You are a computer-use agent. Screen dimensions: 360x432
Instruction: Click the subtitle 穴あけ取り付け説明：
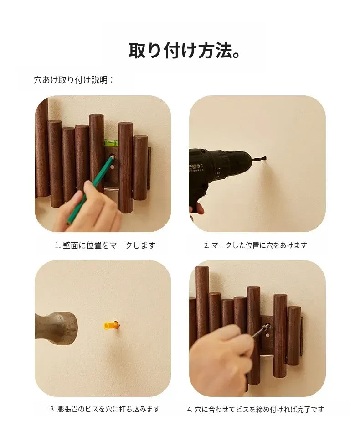pos(74,80)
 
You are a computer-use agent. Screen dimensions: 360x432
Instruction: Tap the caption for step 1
pos(105,245)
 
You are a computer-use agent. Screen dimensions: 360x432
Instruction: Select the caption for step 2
pos(255,245)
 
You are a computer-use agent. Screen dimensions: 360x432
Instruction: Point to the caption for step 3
pos(105,409)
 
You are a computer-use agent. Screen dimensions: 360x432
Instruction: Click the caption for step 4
pos(256,409)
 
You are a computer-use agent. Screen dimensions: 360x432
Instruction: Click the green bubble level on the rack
pos(111,143)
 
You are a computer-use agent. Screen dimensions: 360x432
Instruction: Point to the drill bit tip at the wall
pos(265,159)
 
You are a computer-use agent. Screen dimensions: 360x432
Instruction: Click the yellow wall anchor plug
pos(111,326)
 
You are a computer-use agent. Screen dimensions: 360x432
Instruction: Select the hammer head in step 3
pos(57,328)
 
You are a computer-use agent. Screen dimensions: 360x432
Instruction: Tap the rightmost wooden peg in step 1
pos(140,167)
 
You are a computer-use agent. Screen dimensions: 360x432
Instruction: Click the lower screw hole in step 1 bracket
pos(112,167)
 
